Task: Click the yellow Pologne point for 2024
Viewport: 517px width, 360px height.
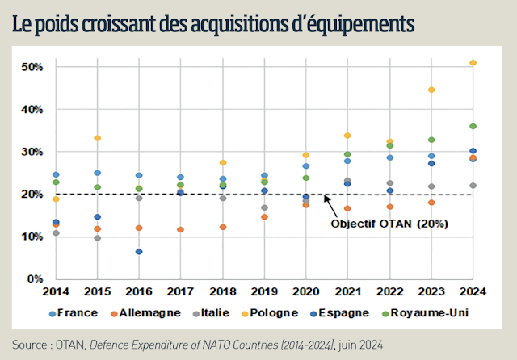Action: pos(473,63)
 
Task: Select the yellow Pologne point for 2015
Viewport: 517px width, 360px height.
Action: pos(97,138)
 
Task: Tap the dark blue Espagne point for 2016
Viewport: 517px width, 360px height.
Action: pos(139,252)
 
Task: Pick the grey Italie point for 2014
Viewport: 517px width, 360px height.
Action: pos(56,233)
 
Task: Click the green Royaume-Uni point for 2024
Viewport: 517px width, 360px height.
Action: pos(473,126)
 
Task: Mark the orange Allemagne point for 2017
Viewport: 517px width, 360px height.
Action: pos(180,229)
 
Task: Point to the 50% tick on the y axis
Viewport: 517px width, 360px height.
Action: pos(30,66)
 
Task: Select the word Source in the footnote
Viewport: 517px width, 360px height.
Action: pos(29,343)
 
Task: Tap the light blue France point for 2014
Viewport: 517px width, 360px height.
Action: pos(56,174)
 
